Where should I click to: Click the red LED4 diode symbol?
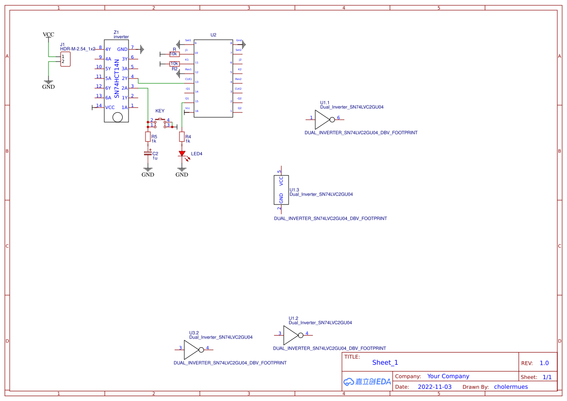(182, 154)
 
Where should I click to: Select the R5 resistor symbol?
(148, 137)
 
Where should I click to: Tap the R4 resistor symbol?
(182, 137)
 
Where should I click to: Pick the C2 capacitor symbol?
(148, 153)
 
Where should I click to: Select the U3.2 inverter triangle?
(192, 348)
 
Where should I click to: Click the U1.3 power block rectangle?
(281, 190)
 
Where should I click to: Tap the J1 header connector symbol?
(65, 60)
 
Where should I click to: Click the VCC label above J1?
(49, 34)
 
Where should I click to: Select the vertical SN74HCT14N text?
(117, 78)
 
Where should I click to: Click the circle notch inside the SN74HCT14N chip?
(117, 117)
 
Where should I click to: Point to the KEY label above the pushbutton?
(160, 111)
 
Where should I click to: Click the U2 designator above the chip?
(213, 35)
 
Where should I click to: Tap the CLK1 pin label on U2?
(189, 78)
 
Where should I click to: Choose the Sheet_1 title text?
(385, 362)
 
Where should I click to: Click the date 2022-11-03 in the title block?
(435, 387)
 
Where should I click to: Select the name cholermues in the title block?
(511, 387)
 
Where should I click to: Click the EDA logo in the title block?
(367, 382)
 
